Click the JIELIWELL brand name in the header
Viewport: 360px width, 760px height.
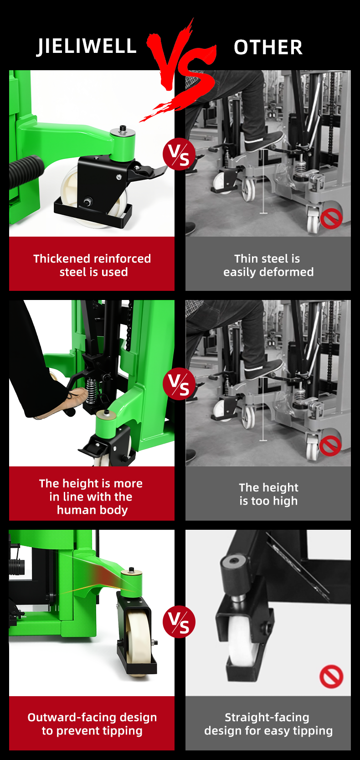point(87,47)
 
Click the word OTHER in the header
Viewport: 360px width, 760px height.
point(268,47)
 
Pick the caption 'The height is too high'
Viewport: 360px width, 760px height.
point(268,494)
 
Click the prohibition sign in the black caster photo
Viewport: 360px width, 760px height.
point(331,677)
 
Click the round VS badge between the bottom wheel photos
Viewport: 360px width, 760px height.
point(179,621)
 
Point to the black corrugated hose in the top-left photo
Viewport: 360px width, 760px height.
point(26,171)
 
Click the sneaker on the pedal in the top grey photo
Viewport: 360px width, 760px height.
point(264,141)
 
